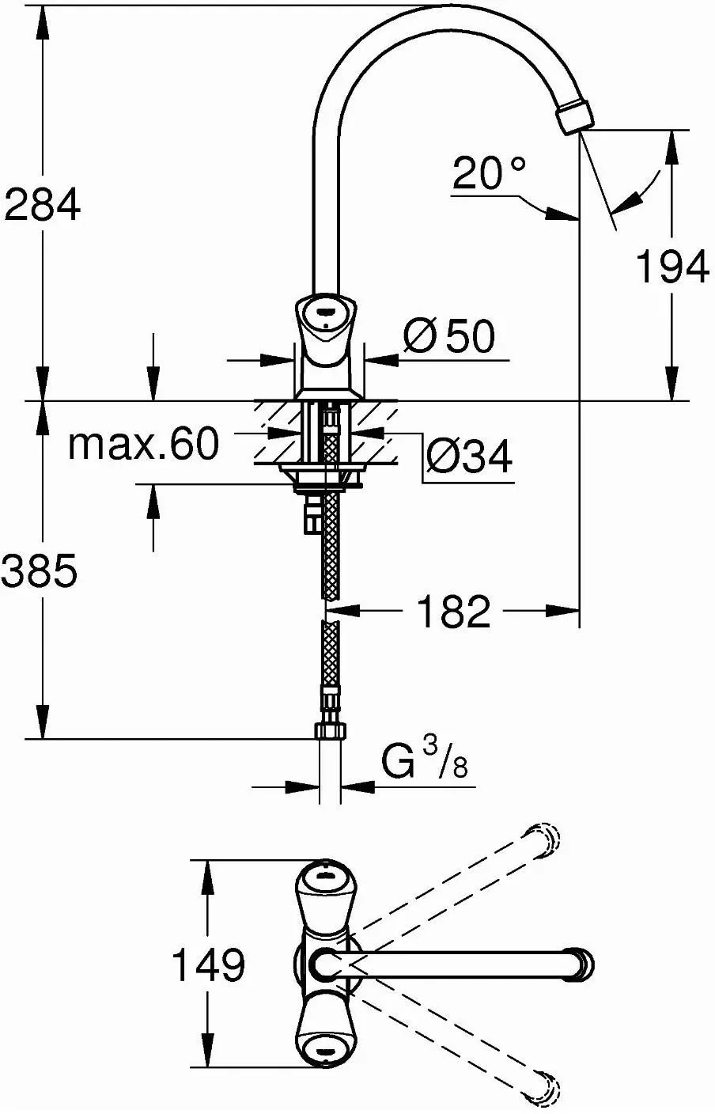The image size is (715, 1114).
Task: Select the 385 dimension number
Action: pos(40,571)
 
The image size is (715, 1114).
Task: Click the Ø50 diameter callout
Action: pos(448,338)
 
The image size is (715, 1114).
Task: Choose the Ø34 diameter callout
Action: pos(469,457)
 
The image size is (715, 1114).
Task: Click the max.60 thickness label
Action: pos(142,445)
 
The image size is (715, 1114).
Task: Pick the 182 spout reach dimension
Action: pos(453,611)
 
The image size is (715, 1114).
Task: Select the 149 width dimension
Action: pos(209,964)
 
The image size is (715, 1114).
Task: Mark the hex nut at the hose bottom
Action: pos(331,730)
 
